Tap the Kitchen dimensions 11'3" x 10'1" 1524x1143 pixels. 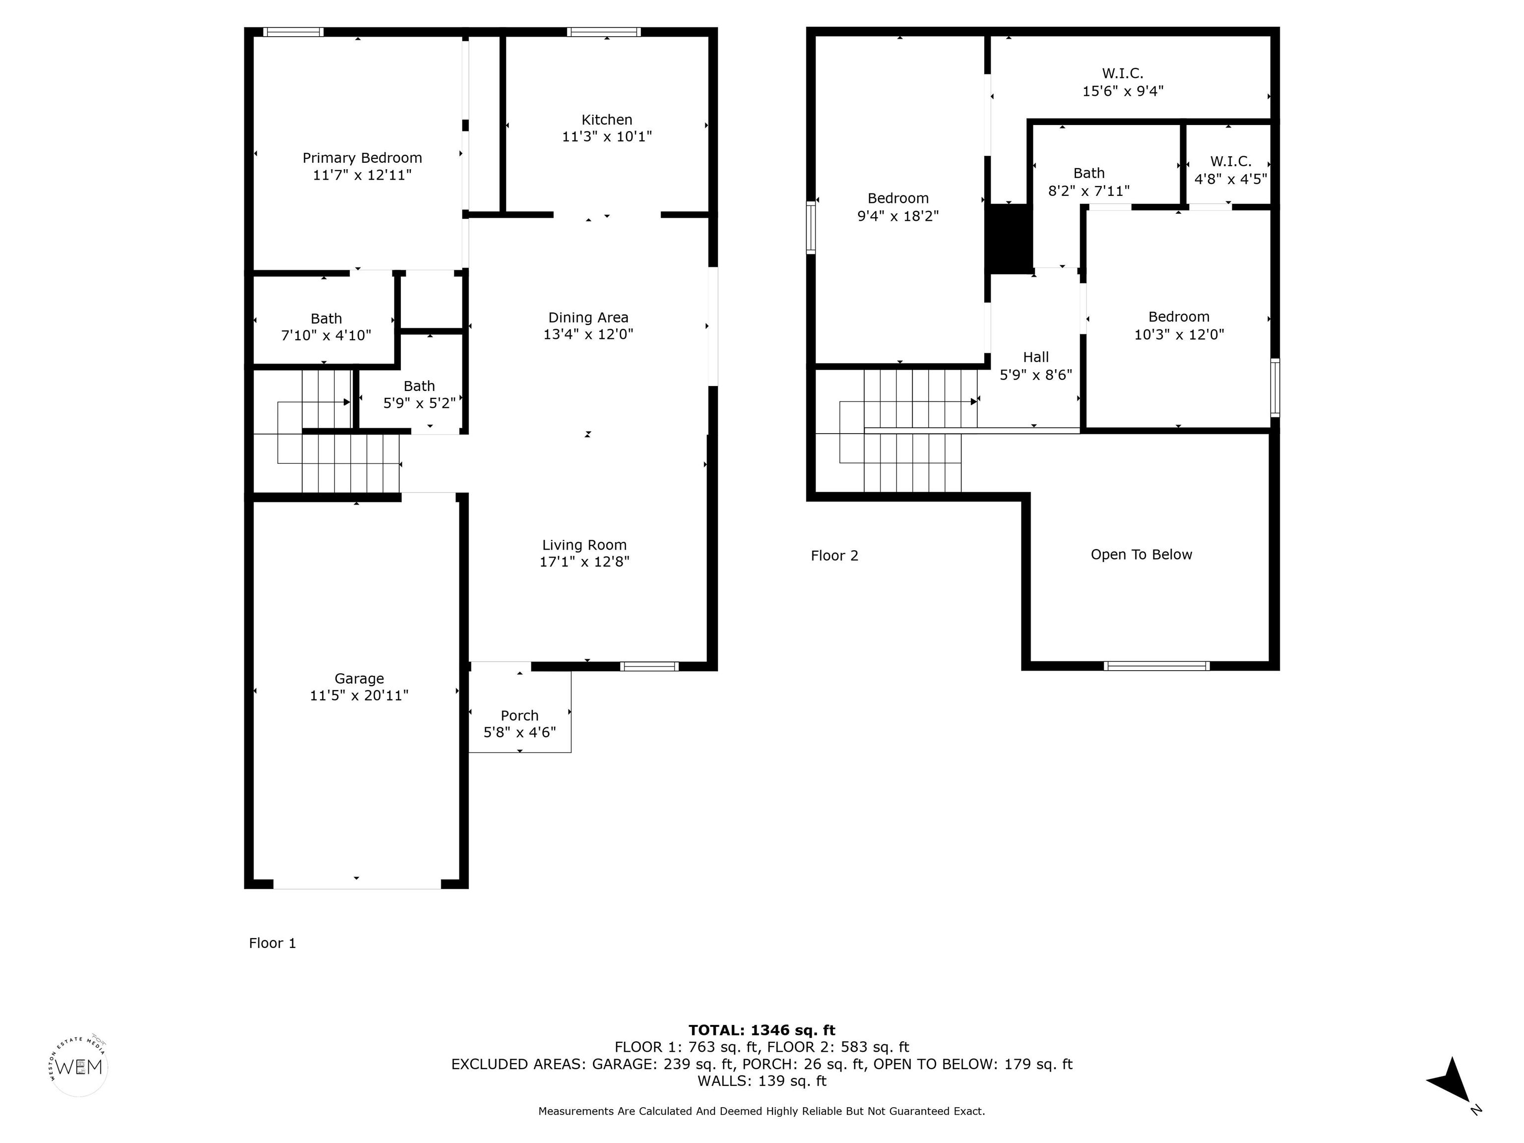(607, 136)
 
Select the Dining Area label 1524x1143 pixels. (588, 317)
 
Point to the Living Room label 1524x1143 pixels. (584, 545)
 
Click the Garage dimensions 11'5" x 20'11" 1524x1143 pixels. (359, 695)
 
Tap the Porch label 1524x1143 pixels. (519, 715)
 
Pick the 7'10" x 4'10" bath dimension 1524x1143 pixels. (326, 335)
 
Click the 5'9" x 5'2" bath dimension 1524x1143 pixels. (419, 403)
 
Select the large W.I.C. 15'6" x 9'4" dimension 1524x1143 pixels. (1123, 91)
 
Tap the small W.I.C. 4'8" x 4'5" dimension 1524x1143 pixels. (1230, 179)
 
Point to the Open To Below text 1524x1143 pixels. (1141, 555)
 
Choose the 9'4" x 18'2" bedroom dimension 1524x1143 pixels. (898, 216)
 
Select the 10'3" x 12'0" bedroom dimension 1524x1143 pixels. (1179, 335)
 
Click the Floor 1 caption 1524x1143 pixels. (272, 943)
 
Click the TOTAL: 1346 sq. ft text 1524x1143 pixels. (762, 1030)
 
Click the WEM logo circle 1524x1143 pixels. (79, 1067)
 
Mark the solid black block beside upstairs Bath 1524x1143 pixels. (1011, 239)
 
